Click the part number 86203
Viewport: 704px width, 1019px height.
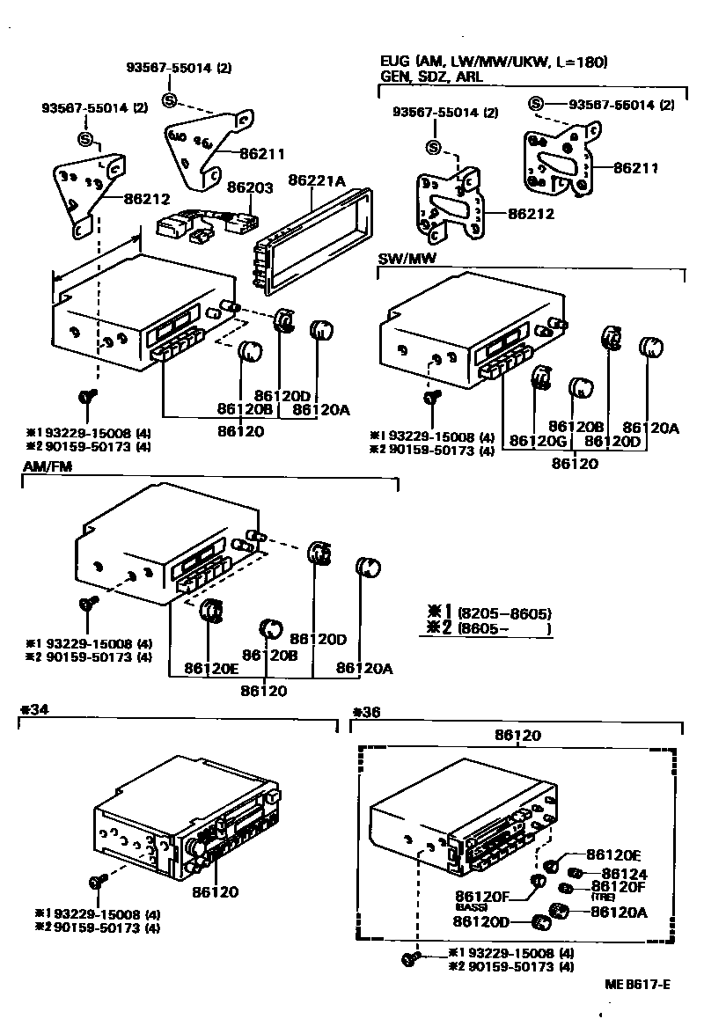[250, 187]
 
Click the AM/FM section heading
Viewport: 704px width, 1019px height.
[40, 466]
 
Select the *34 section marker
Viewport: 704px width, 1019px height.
[33, 709]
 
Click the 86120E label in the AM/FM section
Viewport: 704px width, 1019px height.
[210, 668]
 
